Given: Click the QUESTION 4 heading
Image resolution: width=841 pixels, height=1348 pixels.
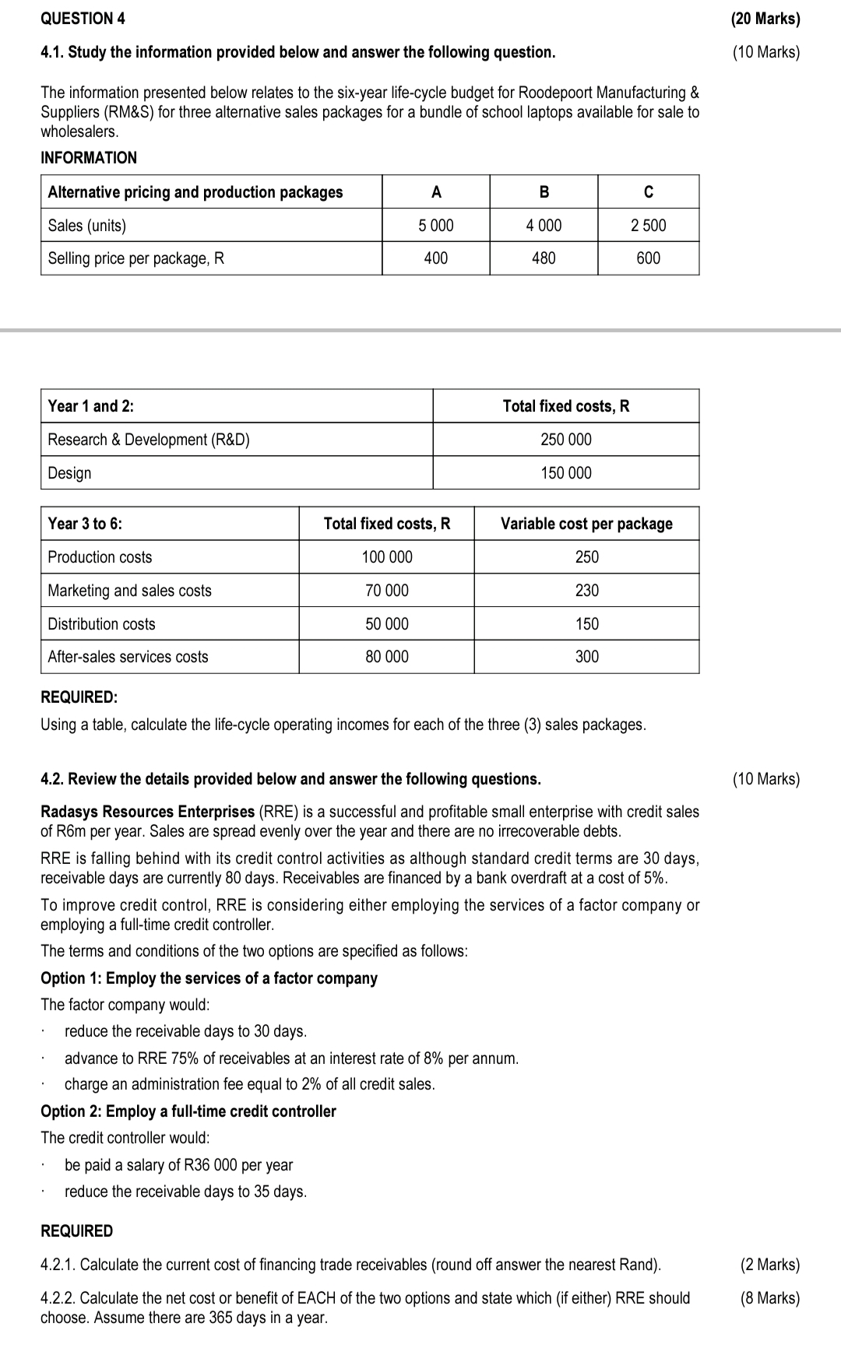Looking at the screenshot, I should pos(83,19).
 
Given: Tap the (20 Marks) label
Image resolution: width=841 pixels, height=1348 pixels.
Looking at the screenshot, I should pos(765,19).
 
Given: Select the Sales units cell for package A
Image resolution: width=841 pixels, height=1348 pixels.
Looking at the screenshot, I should pos(435,226).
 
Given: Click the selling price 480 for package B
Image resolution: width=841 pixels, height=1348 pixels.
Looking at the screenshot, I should pos(544,258).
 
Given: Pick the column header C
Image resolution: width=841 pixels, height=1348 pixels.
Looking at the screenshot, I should pos(648,192).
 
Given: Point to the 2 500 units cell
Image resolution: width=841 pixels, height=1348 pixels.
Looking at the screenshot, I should pos(648,226).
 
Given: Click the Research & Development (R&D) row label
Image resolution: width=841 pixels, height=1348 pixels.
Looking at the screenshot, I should pos(149,440).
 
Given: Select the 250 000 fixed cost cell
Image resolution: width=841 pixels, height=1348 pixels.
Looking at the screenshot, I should pos(566,440).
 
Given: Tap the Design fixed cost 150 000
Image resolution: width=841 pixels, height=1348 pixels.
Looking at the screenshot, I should pos(566,473).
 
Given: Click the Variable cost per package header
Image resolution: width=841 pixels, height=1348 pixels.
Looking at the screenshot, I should pos(586,524).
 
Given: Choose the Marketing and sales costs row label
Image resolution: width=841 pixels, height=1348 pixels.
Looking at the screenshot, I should pos(129,591).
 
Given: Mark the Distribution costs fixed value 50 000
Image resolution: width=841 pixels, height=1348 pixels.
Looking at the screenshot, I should pos(387,624).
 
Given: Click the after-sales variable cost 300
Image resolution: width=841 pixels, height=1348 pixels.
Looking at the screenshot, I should pos(586,657).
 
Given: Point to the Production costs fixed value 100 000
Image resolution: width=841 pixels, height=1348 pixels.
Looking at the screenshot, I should pos(387,557).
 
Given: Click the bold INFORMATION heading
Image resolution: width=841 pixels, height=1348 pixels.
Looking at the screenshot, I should pos(89,158).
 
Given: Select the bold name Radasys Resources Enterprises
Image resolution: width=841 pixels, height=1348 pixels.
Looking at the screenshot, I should pos(147,812).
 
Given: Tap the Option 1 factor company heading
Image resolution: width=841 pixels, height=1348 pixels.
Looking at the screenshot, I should pos(209,978).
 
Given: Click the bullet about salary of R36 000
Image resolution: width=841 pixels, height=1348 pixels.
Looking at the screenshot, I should pos(178,1165).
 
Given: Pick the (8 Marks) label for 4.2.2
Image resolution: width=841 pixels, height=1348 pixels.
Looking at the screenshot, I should pos(769,1298).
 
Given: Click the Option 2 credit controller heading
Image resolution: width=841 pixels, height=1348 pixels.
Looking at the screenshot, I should pos(188,1111).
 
